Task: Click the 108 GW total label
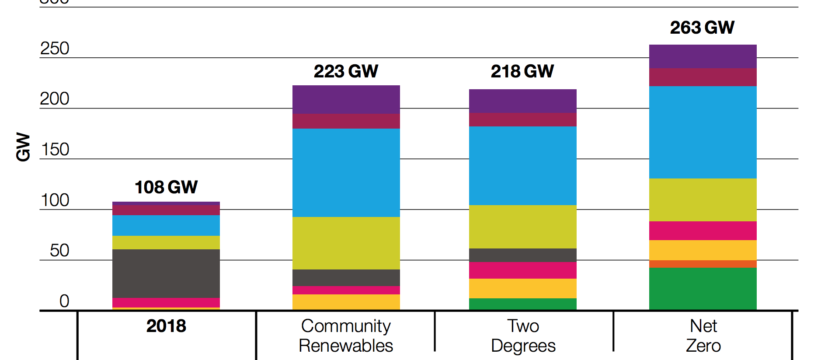pos(166,187)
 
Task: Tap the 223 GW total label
pos(346,71)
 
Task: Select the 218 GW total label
pos(522,71)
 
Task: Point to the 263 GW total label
pos(702,28)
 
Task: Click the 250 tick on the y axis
pos(55,49)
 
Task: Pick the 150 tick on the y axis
pos(55,150)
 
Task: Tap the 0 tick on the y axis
pos(64,301)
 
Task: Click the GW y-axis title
pos(23,147)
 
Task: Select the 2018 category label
pos(166,326)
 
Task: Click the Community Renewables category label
pos(346,336)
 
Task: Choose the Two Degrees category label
pos(523,336)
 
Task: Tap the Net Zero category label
pos(703,336)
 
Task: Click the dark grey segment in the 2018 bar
pos(166,273)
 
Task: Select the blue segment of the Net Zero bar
pos(703,132)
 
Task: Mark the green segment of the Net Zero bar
pos(703,289)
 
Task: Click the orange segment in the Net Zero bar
pos(703,264)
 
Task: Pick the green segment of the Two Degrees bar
pos(522,304)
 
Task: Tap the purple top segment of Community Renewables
pos(346,99)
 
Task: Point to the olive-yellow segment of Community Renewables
pos(346,243)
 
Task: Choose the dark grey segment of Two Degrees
pos(522,255)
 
